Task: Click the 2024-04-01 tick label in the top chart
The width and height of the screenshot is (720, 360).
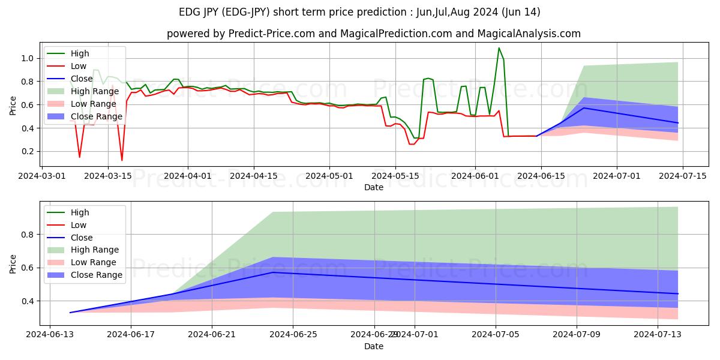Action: click(x=188, y=176)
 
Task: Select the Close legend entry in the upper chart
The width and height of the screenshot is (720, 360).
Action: click(x=82, y=79)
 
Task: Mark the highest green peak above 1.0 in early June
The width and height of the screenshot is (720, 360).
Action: click(x=499, y=48)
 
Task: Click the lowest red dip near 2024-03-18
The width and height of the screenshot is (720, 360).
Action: click(x=122, y=160)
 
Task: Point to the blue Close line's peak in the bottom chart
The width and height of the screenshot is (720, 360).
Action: click(x=273, y=272)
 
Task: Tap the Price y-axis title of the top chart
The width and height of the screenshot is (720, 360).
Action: click(x=13, y=104)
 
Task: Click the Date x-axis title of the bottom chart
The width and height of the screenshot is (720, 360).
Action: click(x=374, y=346)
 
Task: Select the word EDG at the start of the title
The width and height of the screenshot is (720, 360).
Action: click(x=190, y=12)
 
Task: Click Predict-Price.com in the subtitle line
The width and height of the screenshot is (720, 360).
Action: click(x=268, y=34)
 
